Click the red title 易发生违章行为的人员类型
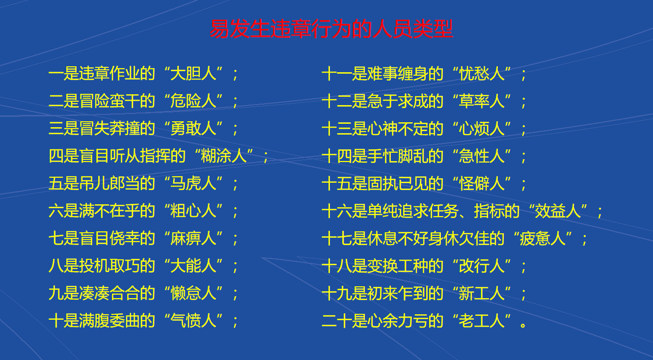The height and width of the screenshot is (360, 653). click(x=331, y=29)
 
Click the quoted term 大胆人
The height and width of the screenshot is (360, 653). click(x=193, y=74)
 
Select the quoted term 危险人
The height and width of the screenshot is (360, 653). click(x=193, y=101)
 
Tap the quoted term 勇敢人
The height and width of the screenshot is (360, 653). click(x=193, y=129)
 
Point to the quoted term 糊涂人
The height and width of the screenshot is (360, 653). click(x=224, y=156)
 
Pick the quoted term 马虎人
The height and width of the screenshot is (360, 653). click(x=193, y=184)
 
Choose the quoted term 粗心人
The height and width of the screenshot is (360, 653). click(x=193, y=211)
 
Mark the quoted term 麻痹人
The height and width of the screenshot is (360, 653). click(x=193, y=239)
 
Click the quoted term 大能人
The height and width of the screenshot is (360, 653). click(x=193, y=266)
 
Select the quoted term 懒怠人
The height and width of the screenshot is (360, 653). click(x=193, y=293)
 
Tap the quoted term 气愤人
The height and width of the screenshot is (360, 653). click(x=193, y=321)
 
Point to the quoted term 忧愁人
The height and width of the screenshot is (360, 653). click(x=482, y=74)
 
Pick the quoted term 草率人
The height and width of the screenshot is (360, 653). click(x=482, y=101)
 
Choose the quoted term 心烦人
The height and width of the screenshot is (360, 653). click(x=482, y=129)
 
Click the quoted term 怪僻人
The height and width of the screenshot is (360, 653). click(x=482, y=184)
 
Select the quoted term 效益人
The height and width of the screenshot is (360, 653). click(x=558, y=211)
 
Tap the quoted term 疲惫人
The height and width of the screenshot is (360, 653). click(x=543, y=239)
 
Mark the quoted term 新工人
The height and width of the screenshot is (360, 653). click(x=482, y=293)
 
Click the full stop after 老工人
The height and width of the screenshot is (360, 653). click(x=523, y=325)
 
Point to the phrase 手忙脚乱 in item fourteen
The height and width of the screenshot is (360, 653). click(x=398, y=156)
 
